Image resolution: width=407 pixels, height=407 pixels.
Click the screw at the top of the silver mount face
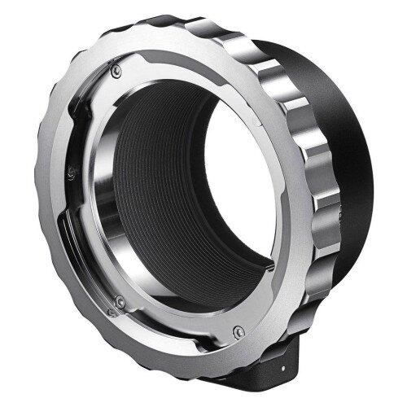(120, 72)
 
